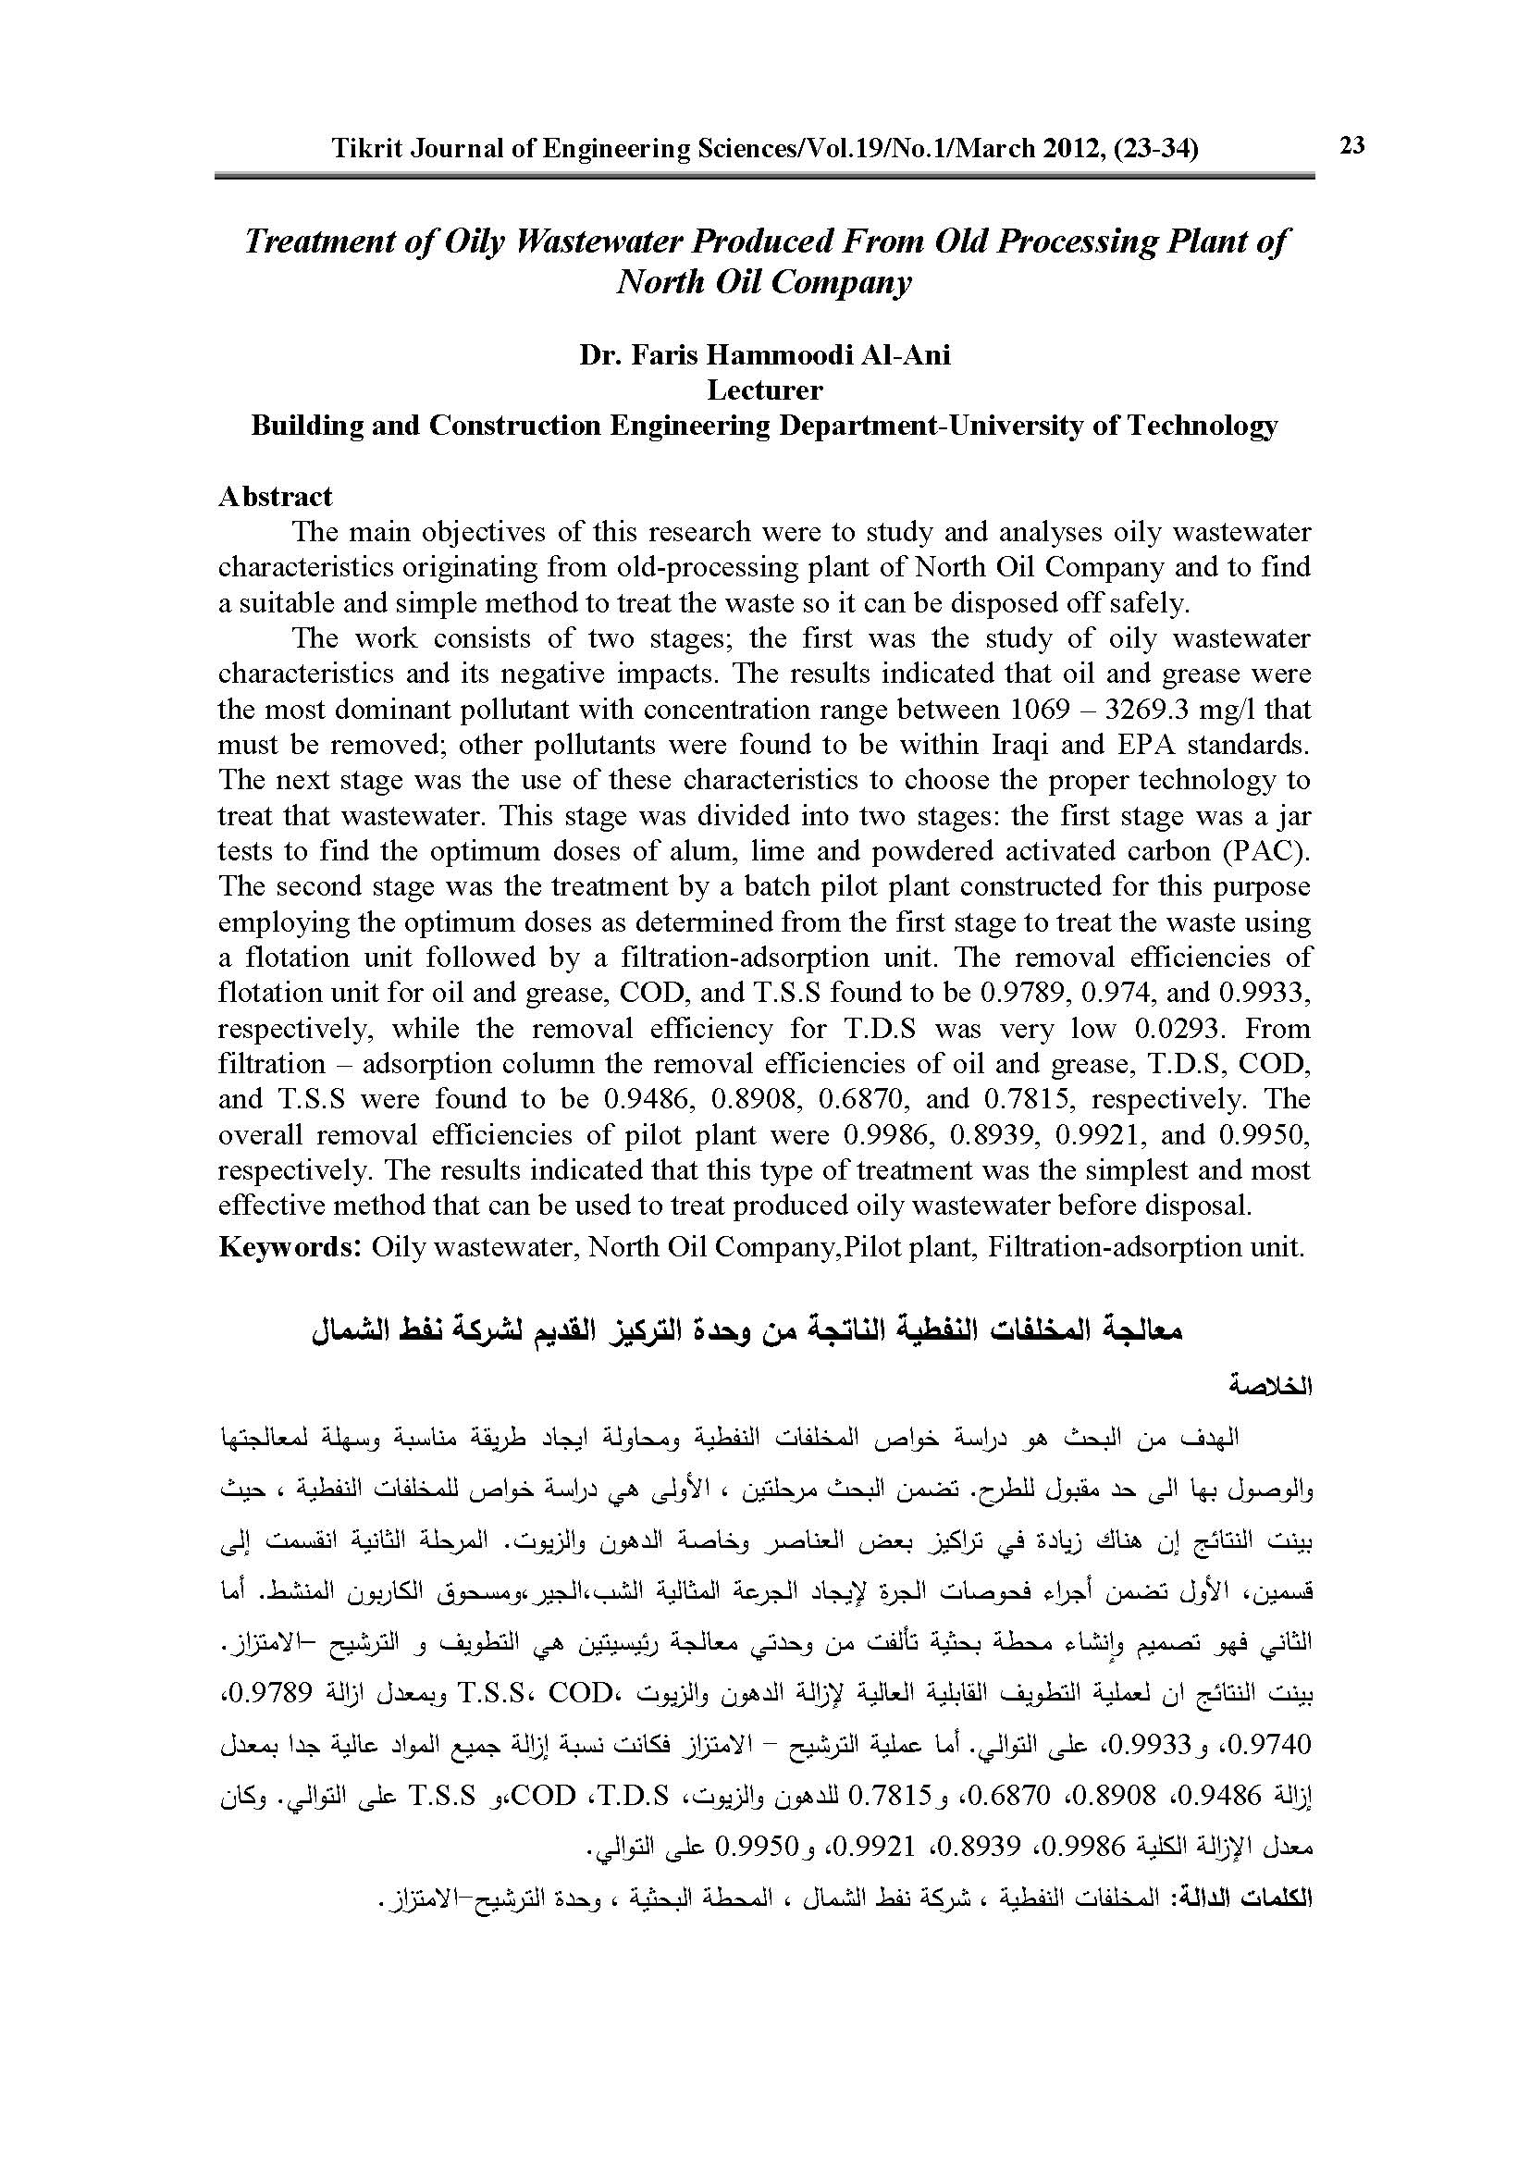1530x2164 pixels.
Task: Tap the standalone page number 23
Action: pos(1352,145)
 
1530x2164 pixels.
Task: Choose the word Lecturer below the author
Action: pos(764,390)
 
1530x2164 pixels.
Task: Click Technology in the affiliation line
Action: pos(1203,426)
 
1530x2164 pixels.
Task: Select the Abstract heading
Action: pos(275,497)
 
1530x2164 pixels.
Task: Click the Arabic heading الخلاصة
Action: pos(1271,1389)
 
